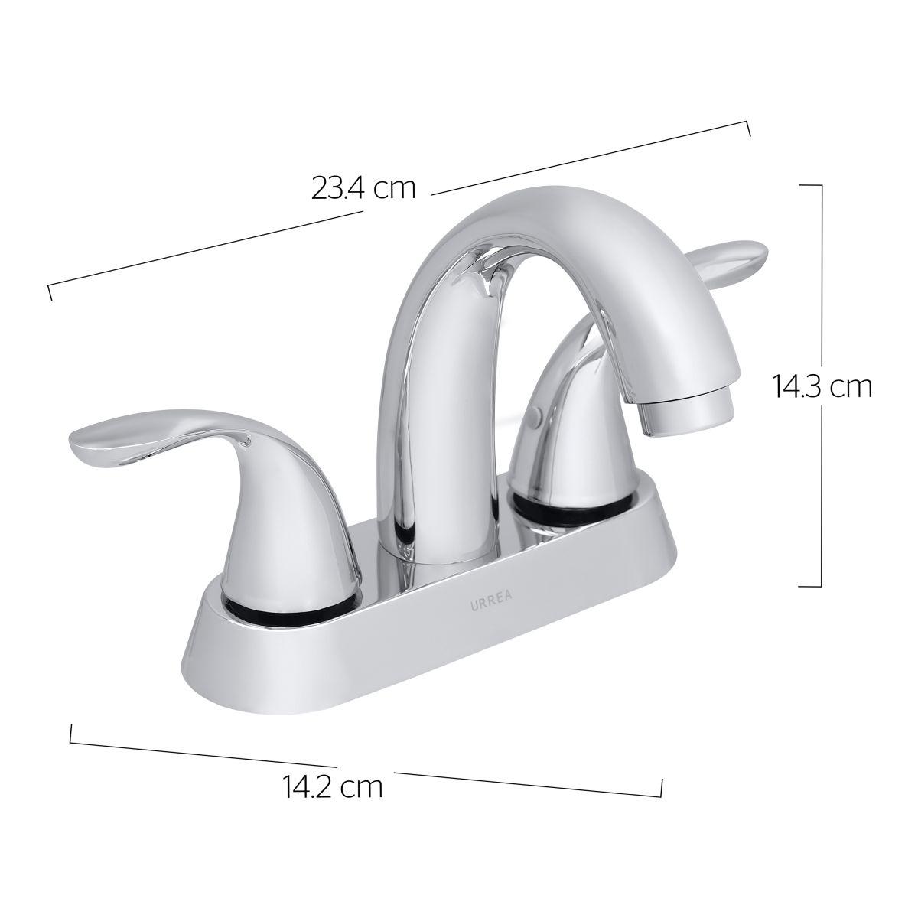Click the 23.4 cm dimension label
pos(363,189)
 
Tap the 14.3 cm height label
pos(822,387)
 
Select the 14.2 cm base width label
pos(333,788)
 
